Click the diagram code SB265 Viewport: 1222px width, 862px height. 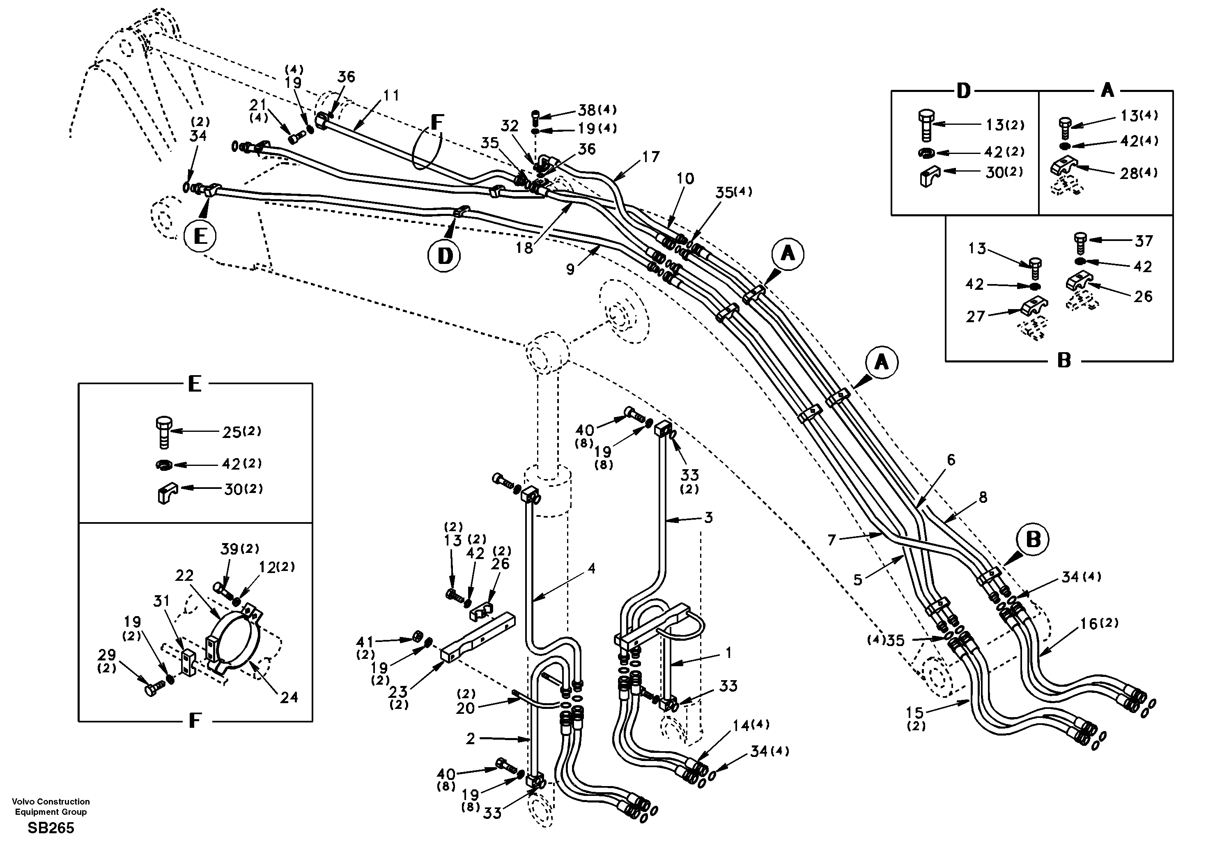[x=51, y=828]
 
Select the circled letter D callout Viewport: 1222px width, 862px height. [x=444, y=256]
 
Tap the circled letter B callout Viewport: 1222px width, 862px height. [x=1033, y=539]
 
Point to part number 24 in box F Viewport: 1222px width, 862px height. [x=289, y=697]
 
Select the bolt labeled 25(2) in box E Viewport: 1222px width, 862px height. [x=164, y=432]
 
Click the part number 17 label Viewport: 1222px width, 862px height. [x=650, y=157]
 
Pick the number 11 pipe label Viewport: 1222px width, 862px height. [x=391, y=96]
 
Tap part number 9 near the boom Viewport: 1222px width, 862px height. [x=570, y=270]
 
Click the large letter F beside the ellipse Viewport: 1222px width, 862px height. [x=436, y=122]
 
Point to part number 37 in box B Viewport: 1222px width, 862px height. [x=1144, y=241]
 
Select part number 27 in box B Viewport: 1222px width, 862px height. [x=976, y=316]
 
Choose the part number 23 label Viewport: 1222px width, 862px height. [x=397, y=692]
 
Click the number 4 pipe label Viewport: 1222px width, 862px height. [x=591, y=568]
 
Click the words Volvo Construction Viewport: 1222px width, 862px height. [x=51, y=801]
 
